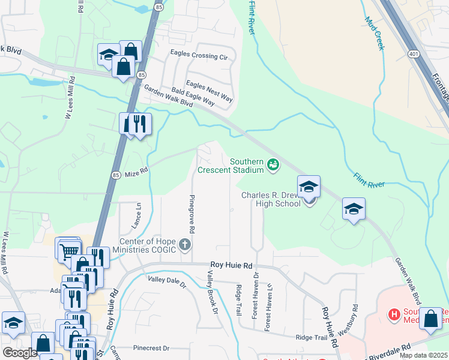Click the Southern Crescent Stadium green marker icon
273,164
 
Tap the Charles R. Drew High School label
271,199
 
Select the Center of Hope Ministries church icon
185,244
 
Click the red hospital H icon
394,314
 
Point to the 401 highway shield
412,54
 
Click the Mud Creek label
373,33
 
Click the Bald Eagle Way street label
193,97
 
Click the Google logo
20,353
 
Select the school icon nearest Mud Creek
354,209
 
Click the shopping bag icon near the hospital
431,319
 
